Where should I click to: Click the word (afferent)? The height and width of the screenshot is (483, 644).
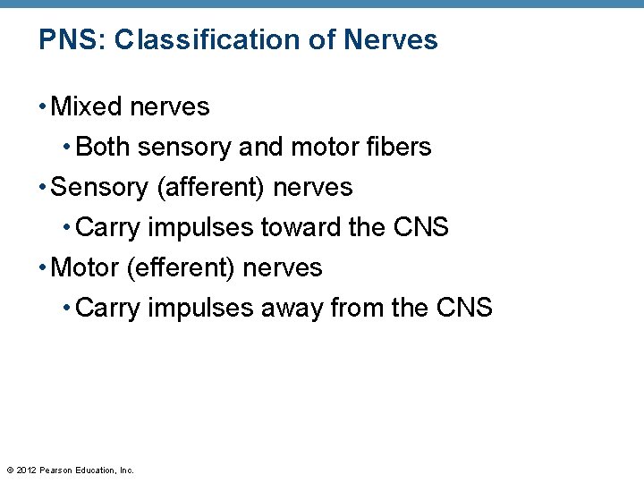tap(211, 188)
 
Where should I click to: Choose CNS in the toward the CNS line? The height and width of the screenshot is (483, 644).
tap(420, 228)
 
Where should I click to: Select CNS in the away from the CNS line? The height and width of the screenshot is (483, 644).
tap(464, 309)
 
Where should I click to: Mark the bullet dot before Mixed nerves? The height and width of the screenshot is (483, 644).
tap(43, 108)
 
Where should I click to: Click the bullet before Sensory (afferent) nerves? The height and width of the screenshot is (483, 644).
tap(43, 189)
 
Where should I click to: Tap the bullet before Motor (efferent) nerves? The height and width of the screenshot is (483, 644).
tap(43, 268)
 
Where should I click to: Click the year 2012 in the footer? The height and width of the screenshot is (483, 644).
tap(27, 470)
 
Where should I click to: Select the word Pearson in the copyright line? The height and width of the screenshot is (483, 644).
tap(57, 470)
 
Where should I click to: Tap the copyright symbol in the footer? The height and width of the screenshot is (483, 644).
tap(10, 470)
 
